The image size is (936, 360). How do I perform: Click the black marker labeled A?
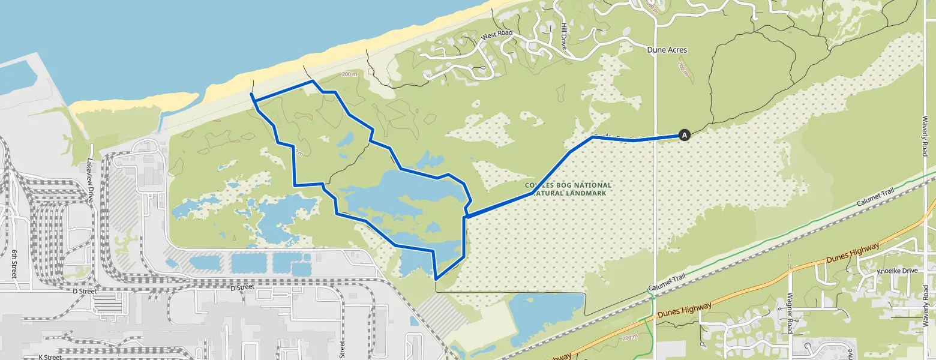click(683, 135)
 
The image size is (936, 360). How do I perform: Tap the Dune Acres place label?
click(667, 50)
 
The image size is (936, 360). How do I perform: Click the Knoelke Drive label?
click(897, 271)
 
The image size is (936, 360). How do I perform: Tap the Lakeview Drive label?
click(90, 180)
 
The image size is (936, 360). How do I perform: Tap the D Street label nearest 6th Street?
click(84, 291)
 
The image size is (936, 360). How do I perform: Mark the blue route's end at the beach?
click(251, 95)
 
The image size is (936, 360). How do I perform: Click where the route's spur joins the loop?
click(466, 216)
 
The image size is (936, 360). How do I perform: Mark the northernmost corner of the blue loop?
click(312, 80)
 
